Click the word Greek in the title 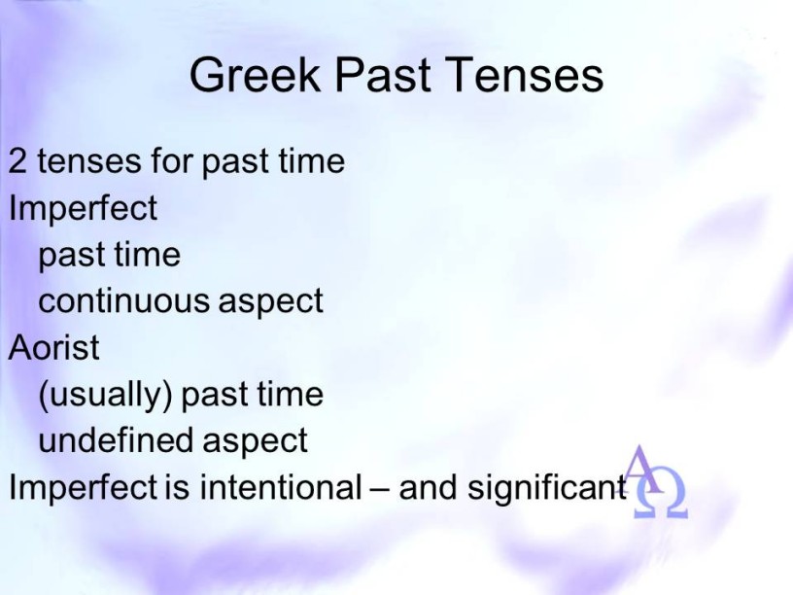[x=255, y=74]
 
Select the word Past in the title [x=383, y=74]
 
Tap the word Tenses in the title [x=525, y=74]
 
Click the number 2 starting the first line [x=17, y=160]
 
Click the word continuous [x=122, y=300]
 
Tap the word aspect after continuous [x=270, y=302]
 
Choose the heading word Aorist [x=54, y=347]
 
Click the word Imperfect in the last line [x=84, y=487]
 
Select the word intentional [x=281, y=487]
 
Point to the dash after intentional [x=380, y=490]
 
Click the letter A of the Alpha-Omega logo [x=642, y=469]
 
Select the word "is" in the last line [x=177, y=487]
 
